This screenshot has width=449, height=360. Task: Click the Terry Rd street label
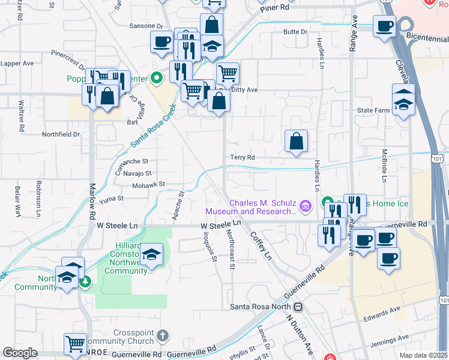click(243, 157)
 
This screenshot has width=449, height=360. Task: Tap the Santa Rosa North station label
click(262, 307)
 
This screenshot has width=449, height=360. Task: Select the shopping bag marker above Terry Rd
click(296, 142)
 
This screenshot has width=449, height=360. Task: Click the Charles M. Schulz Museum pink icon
click(306, 207)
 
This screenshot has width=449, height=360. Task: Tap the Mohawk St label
click(149, 185)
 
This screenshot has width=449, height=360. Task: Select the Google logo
click(20, 353)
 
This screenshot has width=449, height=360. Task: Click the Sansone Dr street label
click(146, 26)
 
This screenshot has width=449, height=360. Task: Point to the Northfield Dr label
click(61, 134)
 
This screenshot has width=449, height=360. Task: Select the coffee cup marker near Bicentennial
click(384, 26)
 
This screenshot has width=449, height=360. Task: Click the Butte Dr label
click(295, 31)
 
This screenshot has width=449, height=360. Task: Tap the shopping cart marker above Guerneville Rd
click(76, 344)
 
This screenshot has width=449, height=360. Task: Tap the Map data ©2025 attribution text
click(423, 355)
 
